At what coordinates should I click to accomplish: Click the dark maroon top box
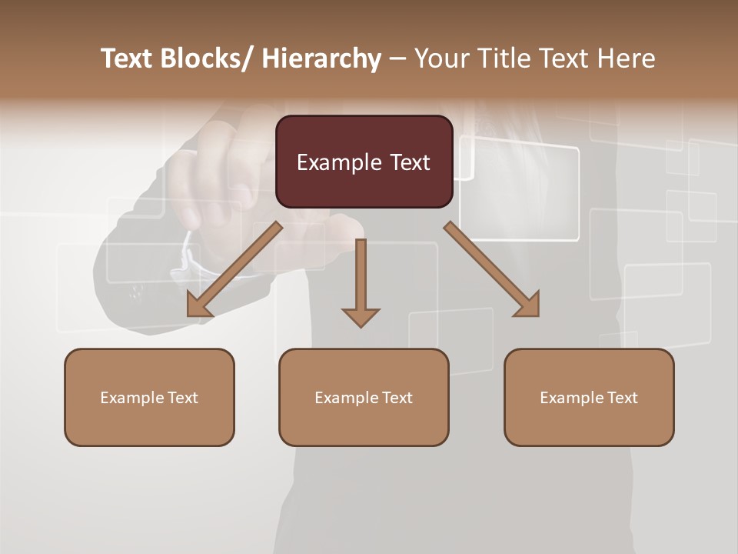364,162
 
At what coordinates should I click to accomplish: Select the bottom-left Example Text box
149,397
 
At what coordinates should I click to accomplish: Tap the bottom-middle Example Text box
364,397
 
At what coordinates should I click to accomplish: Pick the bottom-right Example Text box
589,397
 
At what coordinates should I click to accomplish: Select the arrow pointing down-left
235,269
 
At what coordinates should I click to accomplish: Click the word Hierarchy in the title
321,58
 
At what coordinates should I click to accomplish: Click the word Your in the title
441,58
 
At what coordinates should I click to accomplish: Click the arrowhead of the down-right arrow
529,305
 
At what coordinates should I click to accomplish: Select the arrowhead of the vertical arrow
361,317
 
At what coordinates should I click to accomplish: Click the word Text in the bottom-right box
622,397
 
